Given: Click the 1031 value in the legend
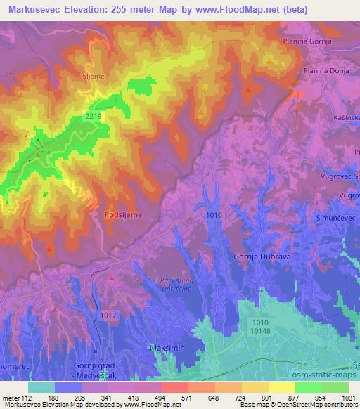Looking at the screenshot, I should coord(348,398).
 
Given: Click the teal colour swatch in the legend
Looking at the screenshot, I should coord(41,387).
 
